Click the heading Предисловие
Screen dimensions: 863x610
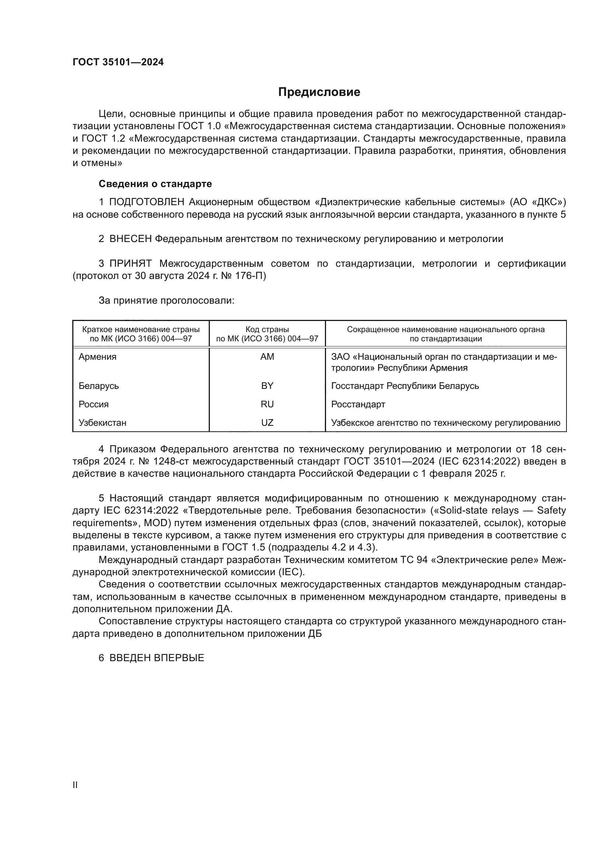(x=319, y=92)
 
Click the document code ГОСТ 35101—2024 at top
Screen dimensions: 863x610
(x=118, y=62)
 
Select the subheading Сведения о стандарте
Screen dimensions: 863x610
(x=155, y=184)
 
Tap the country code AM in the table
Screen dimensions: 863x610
(x=267, y=357)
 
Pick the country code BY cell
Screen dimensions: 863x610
(x=267, y=386)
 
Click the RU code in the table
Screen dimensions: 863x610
(x=267, y=404)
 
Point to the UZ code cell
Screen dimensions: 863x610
(x=267, y=422)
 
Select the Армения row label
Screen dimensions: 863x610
(x=97, y=357)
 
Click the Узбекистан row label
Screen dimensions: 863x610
(x=102, y=422)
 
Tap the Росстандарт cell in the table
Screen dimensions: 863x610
(x=358, y=404)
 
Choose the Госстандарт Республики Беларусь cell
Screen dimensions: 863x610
(x=405, y=386)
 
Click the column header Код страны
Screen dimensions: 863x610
(x=267, y=329)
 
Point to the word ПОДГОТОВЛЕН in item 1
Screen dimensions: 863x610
(x=147, y=202)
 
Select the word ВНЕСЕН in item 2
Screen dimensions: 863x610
(x=130, y=239)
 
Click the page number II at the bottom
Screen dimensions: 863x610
(x=75, y=785)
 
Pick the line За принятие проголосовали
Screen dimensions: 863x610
(x=166, y=300)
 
